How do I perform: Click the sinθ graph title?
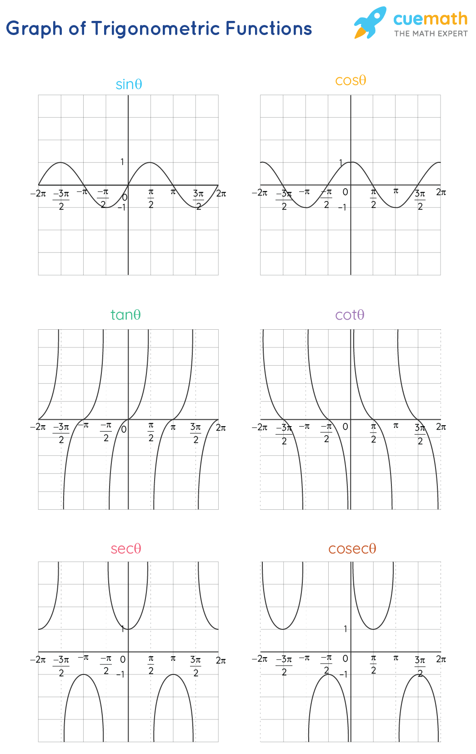[129, 85]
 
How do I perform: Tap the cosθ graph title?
[351, 81]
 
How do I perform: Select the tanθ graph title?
[125, 315]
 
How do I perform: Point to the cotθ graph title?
[350, 315]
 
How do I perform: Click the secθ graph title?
[126, 548]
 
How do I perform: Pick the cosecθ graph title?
[352, 548]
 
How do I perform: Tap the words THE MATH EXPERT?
[431, 34]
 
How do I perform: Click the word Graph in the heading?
[34, 29]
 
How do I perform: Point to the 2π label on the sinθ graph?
[221, 194]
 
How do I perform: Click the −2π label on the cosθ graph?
[260, 193]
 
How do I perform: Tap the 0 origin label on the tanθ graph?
[124, 429]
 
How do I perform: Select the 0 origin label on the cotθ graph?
[345, 427]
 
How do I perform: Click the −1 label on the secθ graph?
[120, 674]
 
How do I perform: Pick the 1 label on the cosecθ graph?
[346, 628]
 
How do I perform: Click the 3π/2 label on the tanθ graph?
[195, 433]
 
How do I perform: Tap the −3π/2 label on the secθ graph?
[61, 666]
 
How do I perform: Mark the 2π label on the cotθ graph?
[441, 427]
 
